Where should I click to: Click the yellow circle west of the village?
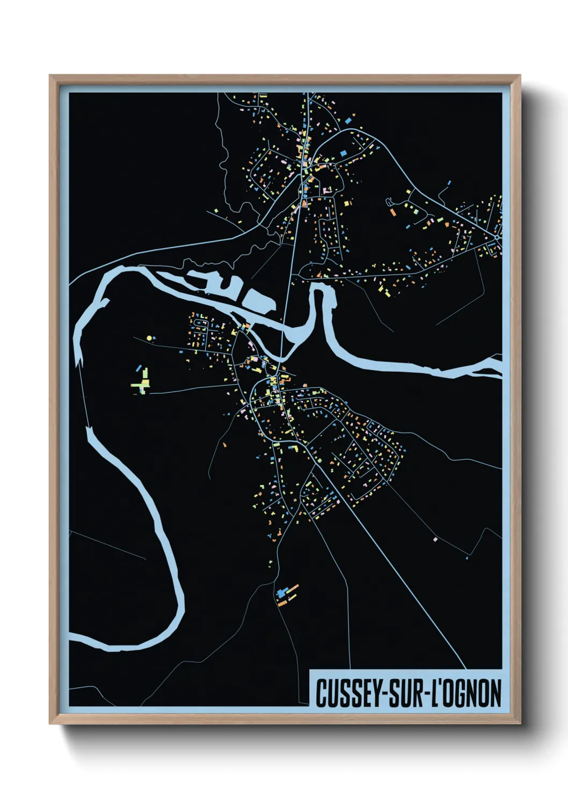click(149, 338)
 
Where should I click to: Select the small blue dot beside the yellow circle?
click(155, 338)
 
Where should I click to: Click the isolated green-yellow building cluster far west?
click(142, 382)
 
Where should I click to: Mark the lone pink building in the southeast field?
click(435, 539)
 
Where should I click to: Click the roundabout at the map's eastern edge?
click(498, 237)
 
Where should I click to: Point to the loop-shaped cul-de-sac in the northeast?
click(389, 202)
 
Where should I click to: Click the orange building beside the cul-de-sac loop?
click(393, 212)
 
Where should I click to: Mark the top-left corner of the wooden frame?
click(50, 76)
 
